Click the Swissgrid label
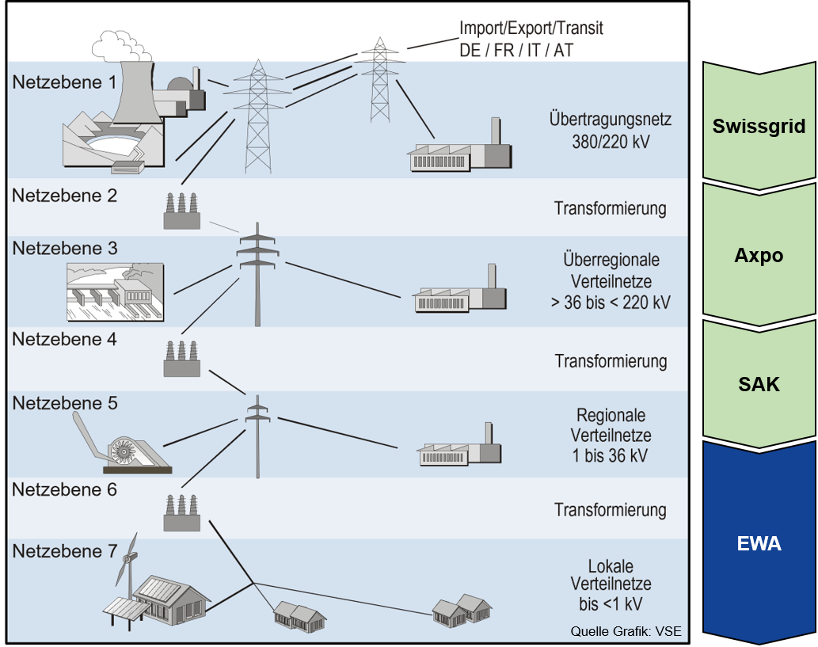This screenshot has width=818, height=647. (x=759, y=126)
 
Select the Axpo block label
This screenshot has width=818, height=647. (x=759, y=256)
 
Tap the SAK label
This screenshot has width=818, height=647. (x=759, y=385)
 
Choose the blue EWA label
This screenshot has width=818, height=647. (x=759, y=544)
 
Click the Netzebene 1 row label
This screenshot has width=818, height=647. (x=63, y=82)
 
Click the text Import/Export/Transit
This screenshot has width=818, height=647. (x=531, y=29)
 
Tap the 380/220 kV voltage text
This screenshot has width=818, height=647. (x=610, y=143)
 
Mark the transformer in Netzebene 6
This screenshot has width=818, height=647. (x=181, y=513)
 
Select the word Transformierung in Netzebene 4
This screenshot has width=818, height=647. (x=611, y=361)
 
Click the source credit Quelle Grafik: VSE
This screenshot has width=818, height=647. (x=626, y=631)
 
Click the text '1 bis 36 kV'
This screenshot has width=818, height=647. (x=611, y=455)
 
